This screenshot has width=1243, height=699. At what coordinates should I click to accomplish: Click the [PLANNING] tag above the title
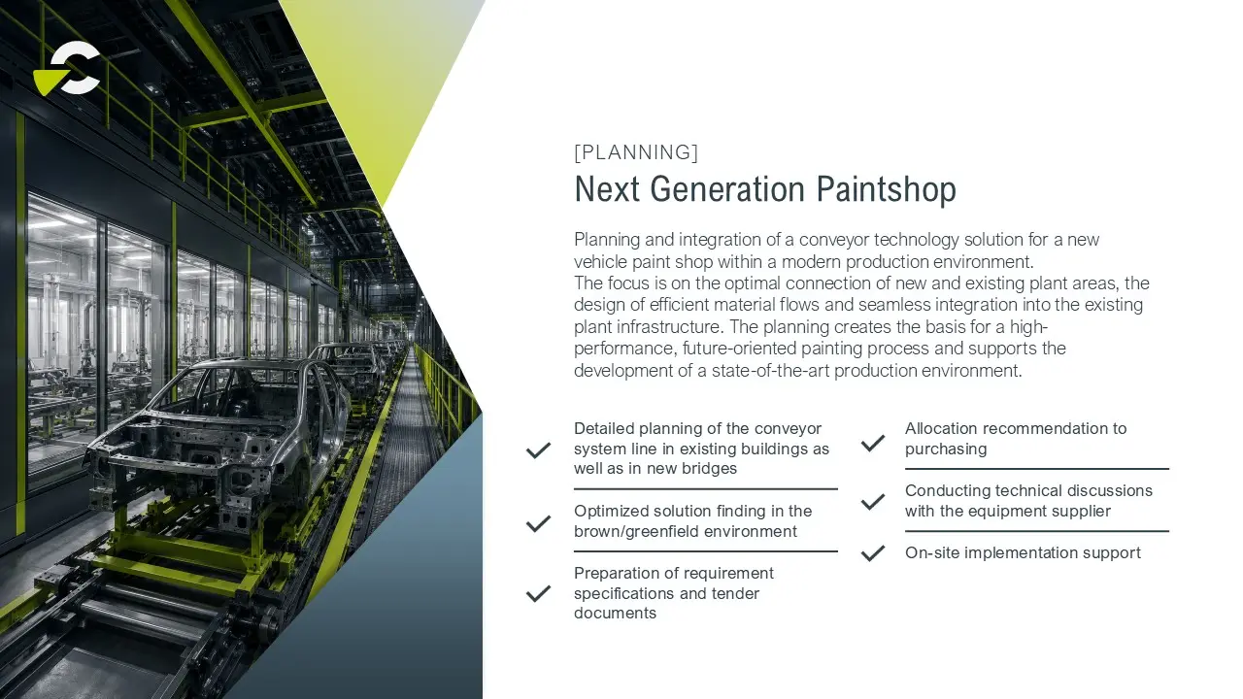[636, 152]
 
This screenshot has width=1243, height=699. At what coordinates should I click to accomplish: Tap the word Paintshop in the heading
[887, 189]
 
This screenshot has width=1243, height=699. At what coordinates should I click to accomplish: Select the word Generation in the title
[727, 189]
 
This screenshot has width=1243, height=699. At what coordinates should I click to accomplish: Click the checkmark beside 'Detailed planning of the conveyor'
[538, 449]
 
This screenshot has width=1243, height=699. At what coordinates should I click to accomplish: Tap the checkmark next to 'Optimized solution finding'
[538, 523]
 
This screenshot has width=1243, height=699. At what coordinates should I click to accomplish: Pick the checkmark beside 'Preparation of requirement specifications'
[538, 593]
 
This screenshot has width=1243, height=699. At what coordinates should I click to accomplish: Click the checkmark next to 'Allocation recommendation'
[873, 443]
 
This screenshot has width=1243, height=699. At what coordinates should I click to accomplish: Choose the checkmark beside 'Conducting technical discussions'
[873, 502]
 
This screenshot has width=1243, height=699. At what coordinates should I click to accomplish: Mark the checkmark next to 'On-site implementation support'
[873, 553]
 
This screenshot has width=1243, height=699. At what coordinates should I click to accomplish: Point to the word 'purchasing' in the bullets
[946, 449]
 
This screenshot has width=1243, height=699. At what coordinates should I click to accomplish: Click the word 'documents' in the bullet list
[615, 613]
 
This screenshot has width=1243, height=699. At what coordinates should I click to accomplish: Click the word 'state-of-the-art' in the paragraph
[770, 370]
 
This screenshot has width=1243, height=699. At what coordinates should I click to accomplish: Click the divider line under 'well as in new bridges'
[706, 489]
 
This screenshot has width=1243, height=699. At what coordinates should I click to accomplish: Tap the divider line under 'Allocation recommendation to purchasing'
[1037, 469]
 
